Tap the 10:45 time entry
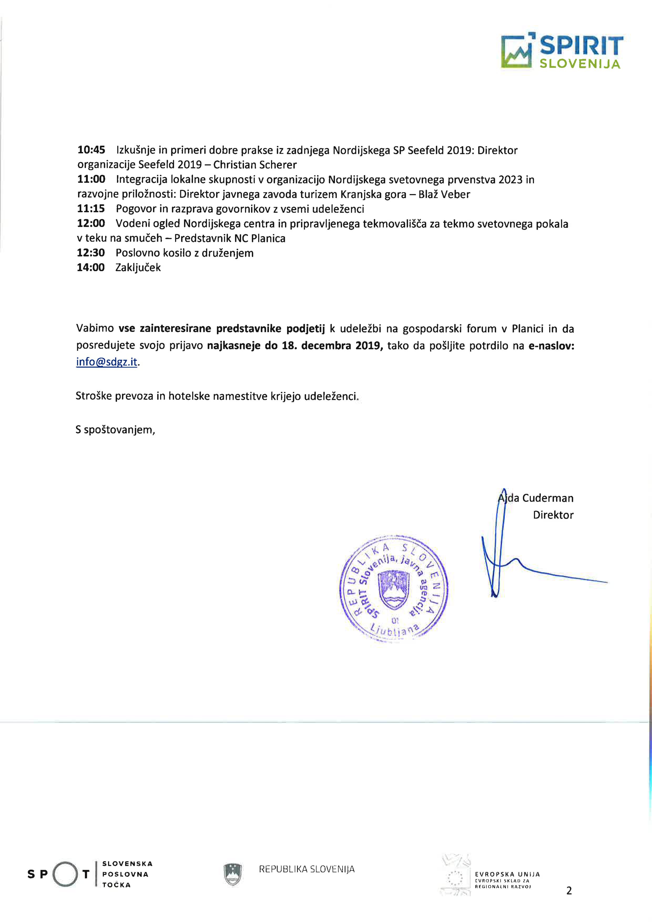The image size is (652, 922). [91, 150]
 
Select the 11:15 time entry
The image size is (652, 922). [91, 209]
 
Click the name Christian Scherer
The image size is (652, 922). [255, 165]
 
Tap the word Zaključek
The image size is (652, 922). [138, 267]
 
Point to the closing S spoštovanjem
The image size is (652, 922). [115, 430]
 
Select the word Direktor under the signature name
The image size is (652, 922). [553, 515]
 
